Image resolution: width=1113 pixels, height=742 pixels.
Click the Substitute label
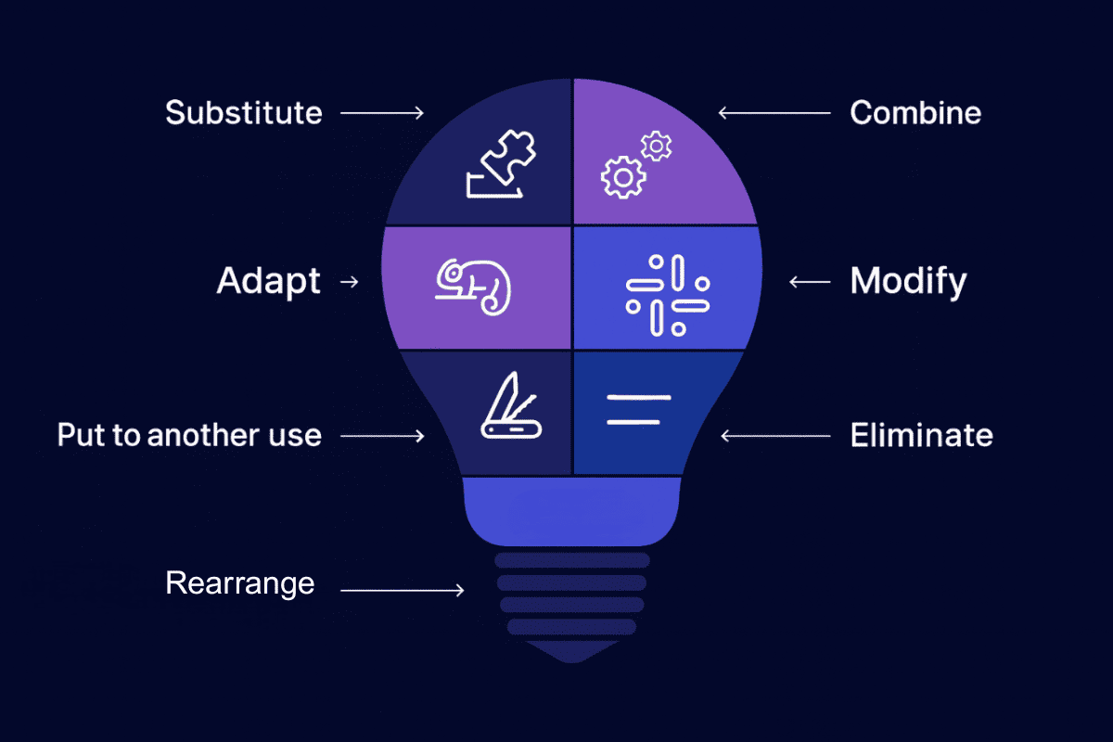[x=244, y=113]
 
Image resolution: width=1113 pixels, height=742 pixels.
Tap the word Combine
[x=915, y=113]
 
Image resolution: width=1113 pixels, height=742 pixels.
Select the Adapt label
[x=269, y=280]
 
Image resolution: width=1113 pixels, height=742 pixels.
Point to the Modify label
[x=908, y=280]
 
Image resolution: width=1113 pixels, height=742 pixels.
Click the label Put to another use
[x=189, y=435]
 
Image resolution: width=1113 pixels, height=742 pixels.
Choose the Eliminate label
[x=921, y=435]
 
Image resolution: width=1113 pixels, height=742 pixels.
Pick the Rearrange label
[x=240, y=583]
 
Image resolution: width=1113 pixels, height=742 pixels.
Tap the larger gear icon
[x=621, y=177]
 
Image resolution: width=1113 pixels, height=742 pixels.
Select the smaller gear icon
[x=657, y=146]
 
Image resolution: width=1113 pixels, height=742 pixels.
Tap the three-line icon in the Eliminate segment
[x=638, y=409]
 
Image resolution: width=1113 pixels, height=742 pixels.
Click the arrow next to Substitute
[x=382, y=113]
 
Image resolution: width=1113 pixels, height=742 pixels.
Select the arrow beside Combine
[x=774, y=113]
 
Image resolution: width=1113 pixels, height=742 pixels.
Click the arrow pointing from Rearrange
[x=403, y=590]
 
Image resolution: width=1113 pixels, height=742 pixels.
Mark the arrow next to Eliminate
[x=775, y=435]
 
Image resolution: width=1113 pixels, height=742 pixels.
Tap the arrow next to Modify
[x=809, y=281]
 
